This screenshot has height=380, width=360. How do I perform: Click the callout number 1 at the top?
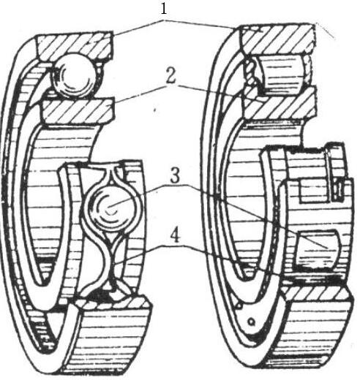point(164,9)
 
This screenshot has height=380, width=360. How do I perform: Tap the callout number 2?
point(170,77)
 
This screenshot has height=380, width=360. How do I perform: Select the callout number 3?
point(175,176)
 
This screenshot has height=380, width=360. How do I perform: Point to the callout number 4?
point(175,236)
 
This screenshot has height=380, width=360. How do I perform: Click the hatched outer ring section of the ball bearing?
point(75,46)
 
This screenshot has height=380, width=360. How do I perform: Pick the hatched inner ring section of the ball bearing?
point(78,110)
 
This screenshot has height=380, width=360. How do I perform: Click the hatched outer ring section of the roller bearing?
point(278,39)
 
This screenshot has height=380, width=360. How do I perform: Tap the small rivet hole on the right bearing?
point(251,322)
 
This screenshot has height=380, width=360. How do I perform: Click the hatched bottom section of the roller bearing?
point(317,294)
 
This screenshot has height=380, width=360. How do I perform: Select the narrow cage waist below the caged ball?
point(111,265)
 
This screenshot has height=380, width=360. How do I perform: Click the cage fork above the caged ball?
point(110,174)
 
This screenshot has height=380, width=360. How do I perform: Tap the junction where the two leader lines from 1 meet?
point(164,21)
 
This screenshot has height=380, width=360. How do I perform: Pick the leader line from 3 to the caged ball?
point(138,196)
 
